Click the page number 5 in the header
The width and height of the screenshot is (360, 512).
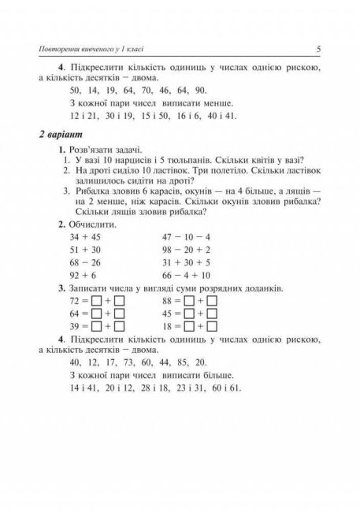coord(317,49)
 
